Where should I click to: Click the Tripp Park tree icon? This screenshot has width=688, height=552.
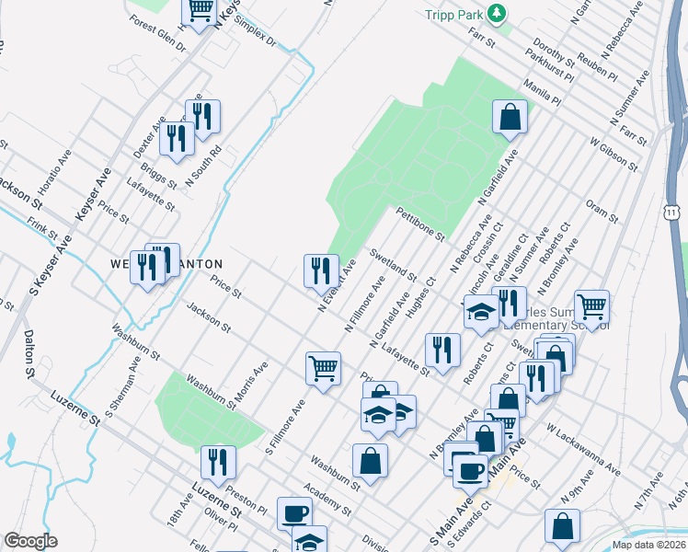(497, 13)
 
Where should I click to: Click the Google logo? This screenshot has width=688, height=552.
(30, 541)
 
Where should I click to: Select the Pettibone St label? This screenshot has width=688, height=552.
(420, 224)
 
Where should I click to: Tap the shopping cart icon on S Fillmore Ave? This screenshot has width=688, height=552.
(323, 368)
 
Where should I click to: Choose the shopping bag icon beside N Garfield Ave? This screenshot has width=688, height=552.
(509, 117)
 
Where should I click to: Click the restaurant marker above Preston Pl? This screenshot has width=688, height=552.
(218, 460)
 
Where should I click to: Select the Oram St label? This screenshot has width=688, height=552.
(602, 213)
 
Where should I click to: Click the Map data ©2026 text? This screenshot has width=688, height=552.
(649, 545)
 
